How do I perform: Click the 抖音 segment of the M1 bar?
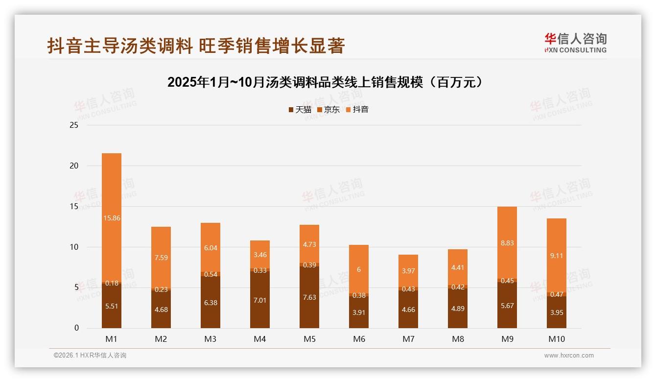click(112, 218)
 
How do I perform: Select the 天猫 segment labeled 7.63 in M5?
click(309, 297)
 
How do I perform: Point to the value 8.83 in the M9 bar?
click(507, 243)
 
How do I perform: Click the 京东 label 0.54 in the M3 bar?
click(211, 274)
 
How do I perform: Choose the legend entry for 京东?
click(328, 110)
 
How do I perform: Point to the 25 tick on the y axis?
click(74, 125)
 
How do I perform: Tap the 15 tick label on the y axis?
click(74, 207)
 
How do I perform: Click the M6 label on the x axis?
click(359, 339)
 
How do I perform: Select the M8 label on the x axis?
click(458, 339)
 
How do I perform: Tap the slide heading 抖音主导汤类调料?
click(196, 46)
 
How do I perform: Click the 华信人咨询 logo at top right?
click(575, 43)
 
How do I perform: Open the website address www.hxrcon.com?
click(569, 356)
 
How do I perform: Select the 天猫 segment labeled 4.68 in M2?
click(161, 310)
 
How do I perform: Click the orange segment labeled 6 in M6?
click(359, 269)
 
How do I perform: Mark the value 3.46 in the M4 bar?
click(260, 255)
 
